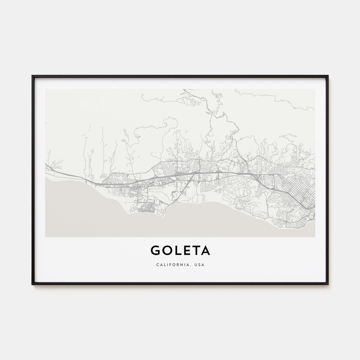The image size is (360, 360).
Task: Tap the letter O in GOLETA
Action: tap(166, 250)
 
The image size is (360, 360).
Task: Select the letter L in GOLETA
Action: tap(177, 250)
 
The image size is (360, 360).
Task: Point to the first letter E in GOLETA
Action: tap(186, 250)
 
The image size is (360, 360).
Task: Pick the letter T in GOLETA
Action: tap(195, 250)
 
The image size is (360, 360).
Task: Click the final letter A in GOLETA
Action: tap(205, 250)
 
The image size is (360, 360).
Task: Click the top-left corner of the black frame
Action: tap(32, 76)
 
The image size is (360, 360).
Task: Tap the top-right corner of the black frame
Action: tap(328, 76)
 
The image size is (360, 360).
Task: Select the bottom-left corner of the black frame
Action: tap(32, 284)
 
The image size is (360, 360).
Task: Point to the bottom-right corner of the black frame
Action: tap(328, 284)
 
